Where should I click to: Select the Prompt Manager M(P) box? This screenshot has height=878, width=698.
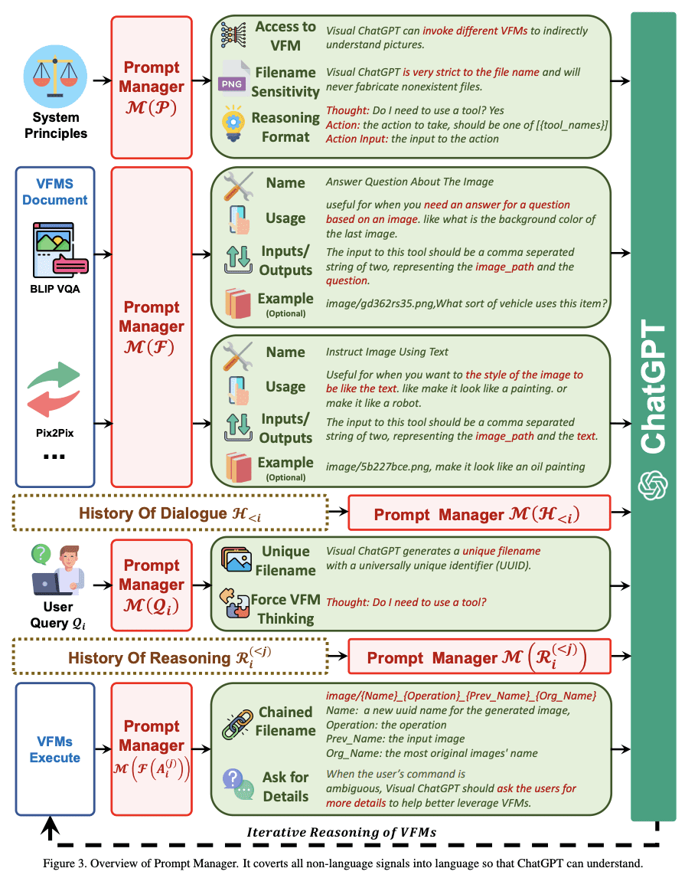(151, 87)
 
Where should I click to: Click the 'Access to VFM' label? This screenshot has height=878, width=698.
(285, 35)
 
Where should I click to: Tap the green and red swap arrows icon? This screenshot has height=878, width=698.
(54, 391)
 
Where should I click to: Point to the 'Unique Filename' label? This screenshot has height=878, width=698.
(285, 561)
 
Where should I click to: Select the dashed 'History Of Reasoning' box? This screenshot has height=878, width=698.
(171, 657)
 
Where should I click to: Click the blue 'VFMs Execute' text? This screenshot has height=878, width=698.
(54, 749)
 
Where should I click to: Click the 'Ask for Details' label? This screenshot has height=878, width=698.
(285, 786)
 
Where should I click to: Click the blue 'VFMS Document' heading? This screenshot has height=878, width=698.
(54, 192)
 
